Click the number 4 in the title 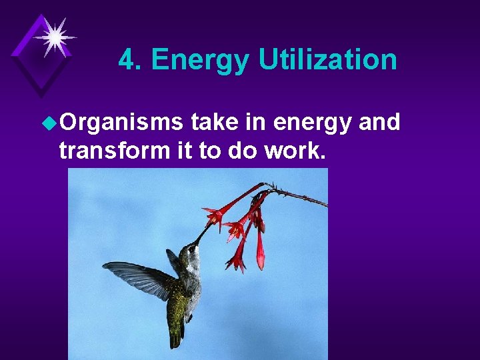point(127,60)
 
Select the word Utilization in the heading point(327,60)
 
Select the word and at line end point(379,123)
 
